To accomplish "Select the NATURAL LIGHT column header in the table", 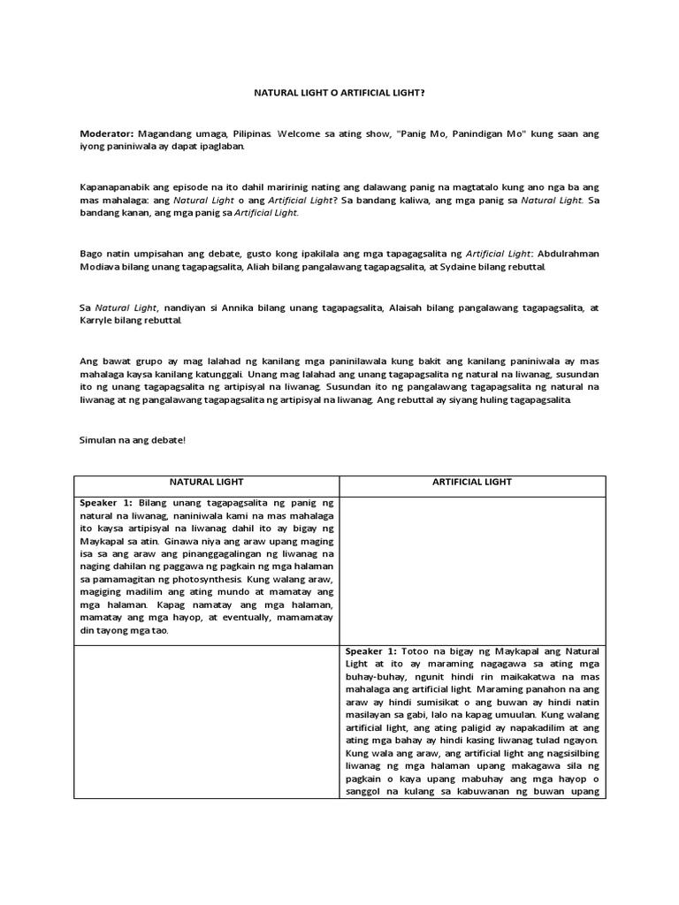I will point(207,483).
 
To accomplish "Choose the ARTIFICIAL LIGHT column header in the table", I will point(473,483).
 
